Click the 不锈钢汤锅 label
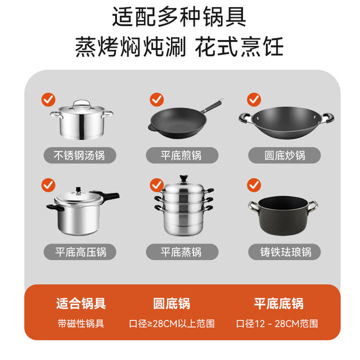pos(79,155)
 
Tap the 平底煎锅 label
pos(182,155)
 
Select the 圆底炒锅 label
pos(284,155)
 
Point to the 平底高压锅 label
pos(80,252)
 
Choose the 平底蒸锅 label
pos(182,252)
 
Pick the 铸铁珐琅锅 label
pos(284,252)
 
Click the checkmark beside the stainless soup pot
pos(48,99)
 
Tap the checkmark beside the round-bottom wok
pos(254,99)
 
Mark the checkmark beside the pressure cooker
pos(48,185)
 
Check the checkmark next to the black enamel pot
pos(254,185)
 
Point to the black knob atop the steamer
pos(183,178)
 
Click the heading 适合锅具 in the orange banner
pos(81,303)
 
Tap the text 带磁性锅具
pos(81,323)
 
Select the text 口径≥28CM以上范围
pos(171,323)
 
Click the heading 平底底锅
pos(278,303)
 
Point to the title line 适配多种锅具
pos(179,17)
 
